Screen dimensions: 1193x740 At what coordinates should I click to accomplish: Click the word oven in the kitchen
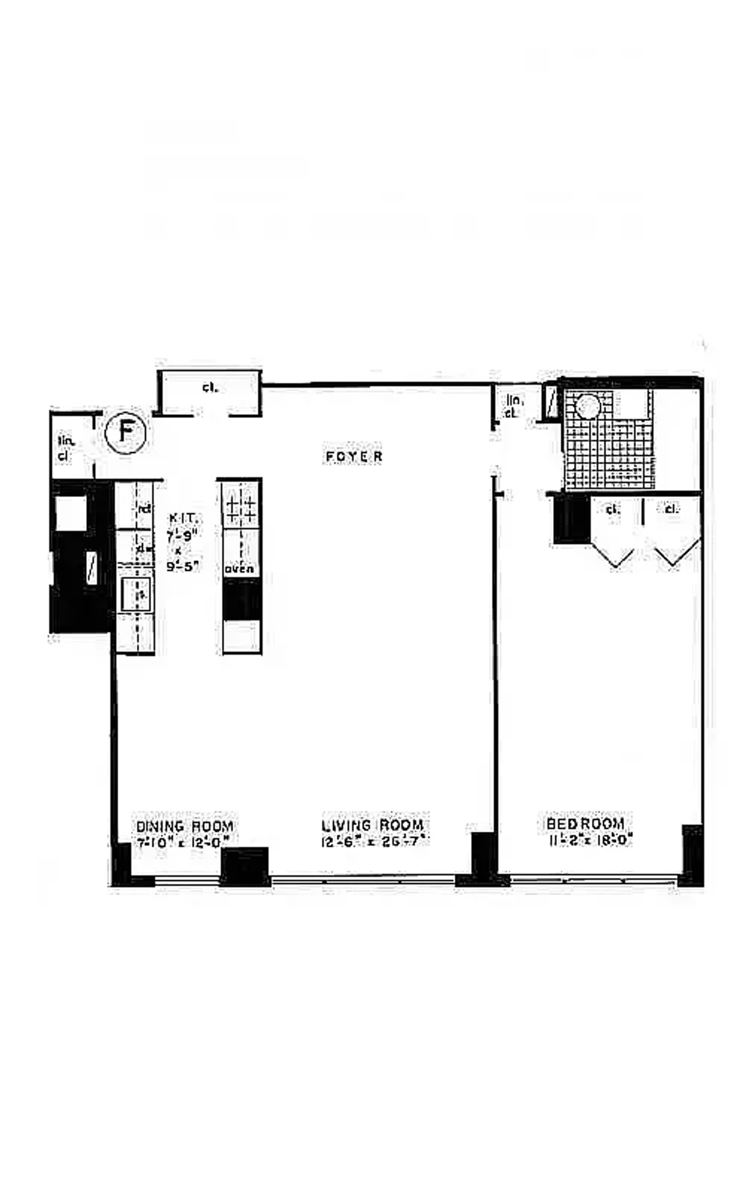pos(239,569)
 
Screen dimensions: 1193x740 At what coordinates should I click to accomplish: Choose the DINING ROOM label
pos(184,826)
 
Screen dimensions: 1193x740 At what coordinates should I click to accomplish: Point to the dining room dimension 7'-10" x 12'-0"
pos(184,840)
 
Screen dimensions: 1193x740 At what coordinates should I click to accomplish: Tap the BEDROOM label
pos(585,824)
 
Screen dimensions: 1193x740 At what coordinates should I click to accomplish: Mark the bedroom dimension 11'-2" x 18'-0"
pos(590,839)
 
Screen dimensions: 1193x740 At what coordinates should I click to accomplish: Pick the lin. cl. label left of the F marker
pos(65,448)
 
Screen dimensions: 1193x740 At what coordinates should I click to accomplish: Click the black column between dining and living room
pos(245,866)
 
